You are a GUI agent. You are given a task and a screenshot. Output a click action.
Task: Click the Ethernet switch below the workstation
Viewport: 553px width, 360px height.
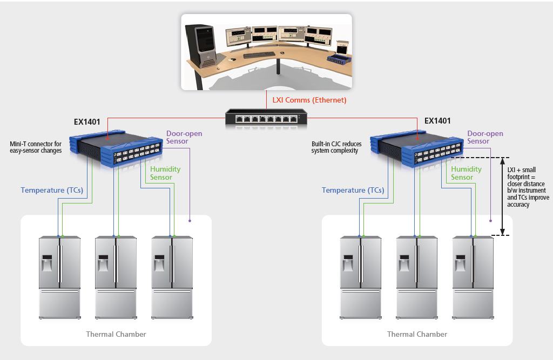pyautogui.click(x=266, y=118)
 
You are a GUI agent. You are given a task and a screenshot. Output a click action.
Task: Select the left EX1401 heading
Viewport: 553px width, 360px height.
pyautogui.click(x=87, y=121)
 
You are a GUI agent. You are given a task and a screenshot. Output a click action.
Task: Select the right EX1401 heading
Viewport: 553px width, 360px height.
pyautogui.click(x=437, y=121)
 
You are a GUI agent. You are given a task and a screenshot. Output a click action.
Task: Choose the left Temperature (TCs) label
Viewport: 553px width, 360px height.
pyautogui.click(x=51, y=190)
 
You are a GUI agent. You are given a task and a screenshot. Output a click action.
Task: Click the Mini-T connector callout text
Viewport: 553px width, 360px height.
pyautogui.click(x=36, y=147)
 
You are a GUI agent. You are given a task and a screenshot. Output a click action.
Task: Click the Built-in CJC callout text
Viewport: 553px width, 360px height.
pyautogui.click(x=336, y=147)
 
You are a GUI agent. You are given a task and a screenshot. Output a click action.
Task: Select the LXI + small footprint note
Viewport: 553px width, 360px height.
pyautogui.click(x=528, y=187)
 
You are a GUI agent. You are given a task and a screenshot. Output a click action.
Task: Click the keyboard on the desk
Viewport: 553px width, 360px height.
pyautogui.click(x=259, y=55)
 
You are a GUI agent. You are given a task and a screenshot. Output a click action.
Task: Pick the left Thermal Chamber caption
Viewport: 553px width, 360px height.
pyautogui.click(x=116, y=334)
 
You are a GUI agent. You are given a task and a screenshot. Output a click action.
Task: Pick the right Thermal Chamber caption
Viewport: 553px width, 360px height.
pyautogui.click(x=417, y=334)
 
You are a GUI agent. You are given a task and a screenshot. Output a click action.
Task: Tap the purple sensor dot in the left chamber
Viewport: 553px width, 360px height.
pyautogui.click(x=190, y=220)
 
